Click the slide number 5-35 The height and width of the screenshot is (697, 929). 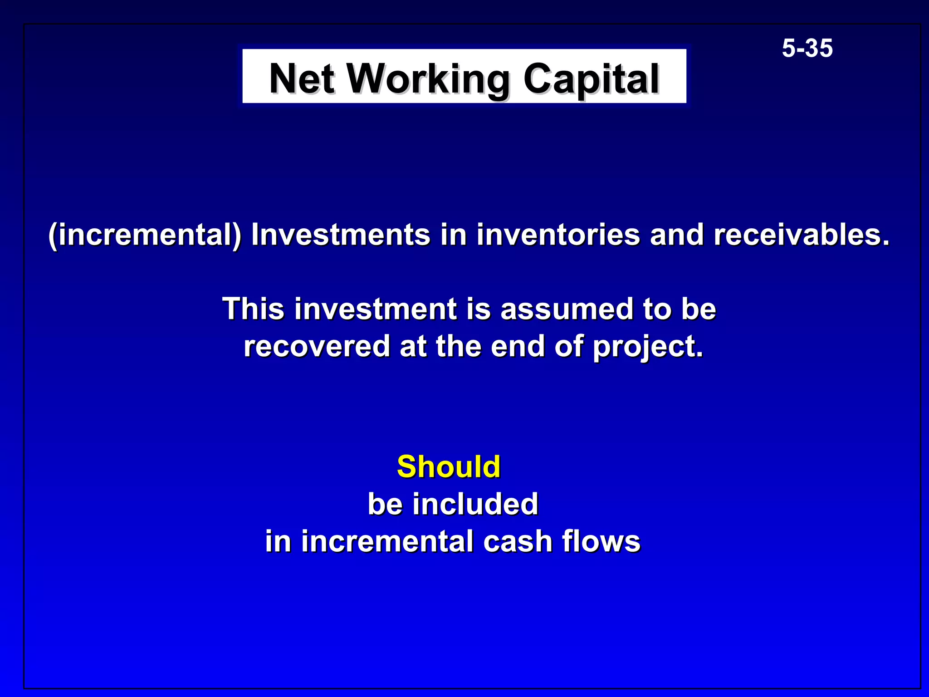807,48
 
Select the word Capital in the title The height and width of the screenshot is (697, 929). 591,79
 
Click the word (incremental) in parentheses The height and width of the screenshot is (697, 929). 145,235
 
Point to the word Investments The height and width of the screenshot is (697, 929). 340,235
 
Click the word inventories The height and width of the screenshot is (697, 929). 557,235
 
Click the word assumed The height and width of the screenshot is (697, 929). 566,309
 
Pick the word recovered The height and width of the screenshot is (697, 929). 317,346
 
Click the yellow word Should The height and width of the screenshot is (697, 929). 449,466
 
